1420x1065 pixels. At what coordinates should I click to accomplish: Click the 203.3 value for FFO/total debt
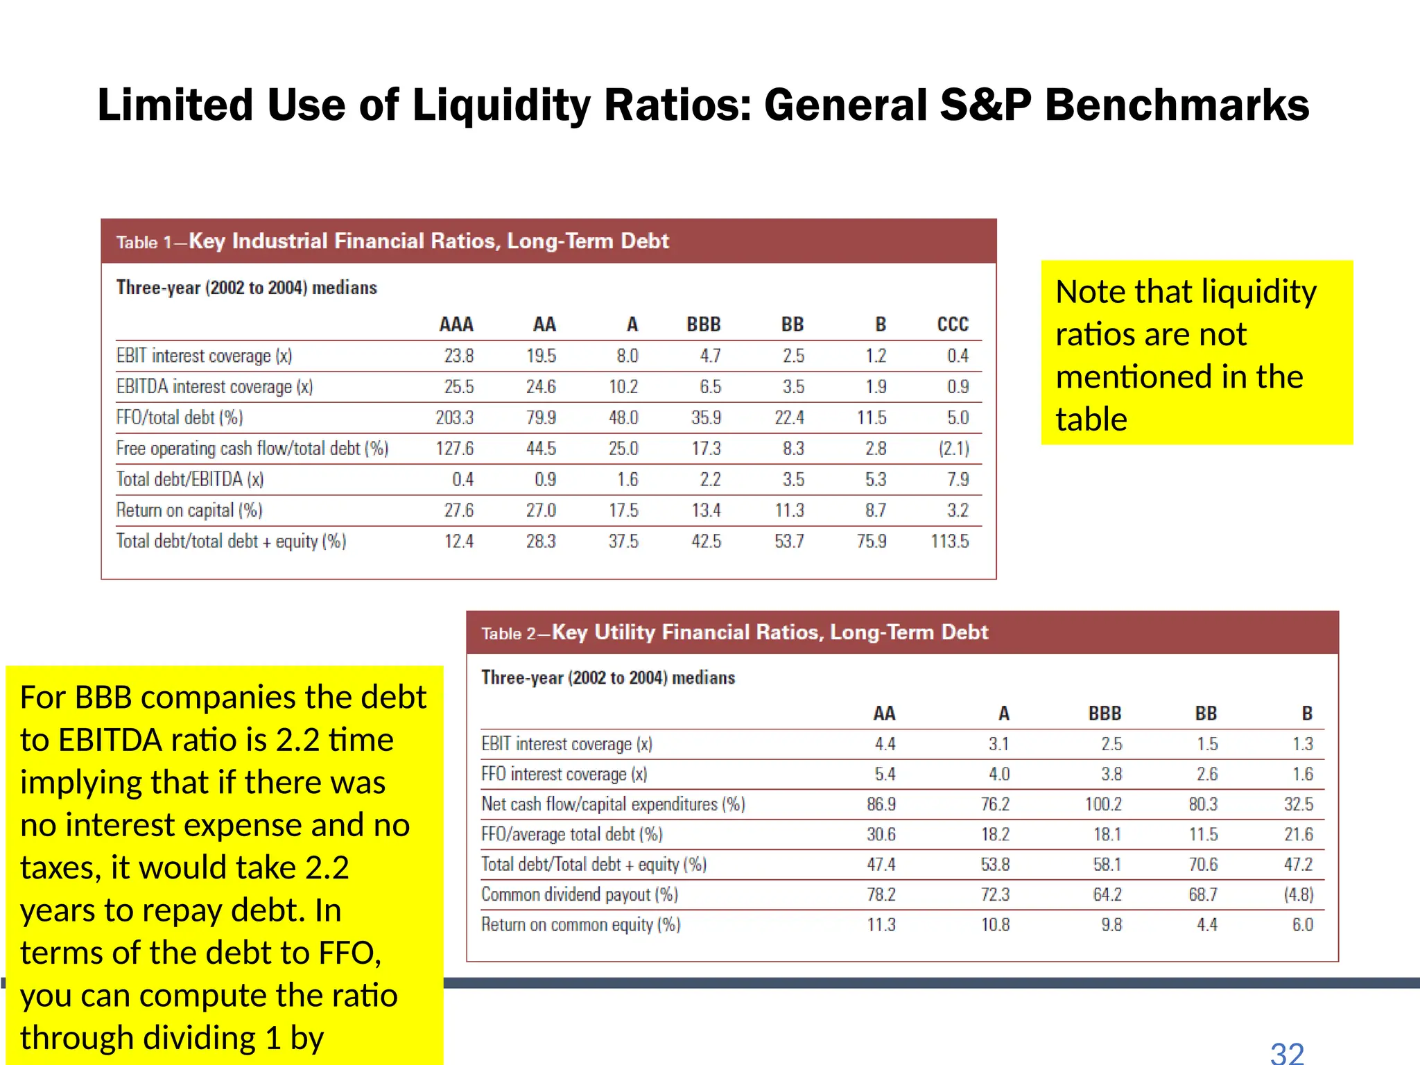click(x=454, y=417)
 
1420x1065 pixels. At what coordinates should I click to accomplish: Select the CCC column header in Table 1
click(x=953, y=324)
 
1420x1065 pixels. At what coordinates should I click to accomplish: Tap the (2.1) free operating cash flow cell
click(x=954, y=449)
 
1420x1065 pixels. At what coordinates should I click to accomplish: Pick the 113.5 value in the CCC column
click(x=950, y=541)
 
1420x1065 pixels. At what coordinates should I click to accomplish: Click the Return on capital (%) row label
click(x=189, y=510)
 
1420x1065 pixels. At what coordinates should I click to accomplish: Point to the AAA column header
click(x=456, y=324)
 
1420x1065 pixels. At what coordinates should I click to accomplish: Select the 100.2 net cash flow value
click(x=1103, y=804)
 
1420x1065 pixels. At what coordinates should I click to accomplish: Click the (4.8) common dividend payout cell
click(x=1299, y=894)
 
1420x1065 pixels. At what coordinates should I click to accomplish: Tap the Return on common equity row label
click(x=581, y=925)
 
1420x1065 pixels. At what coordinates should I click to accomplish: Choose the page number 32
click(x=1287, y=1053)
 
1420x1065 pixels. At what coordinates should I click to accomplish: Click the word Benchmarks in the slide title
click(x=1177, y=105)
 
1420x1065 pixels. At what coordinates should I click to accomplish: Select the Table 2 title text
click(x=735, y=632)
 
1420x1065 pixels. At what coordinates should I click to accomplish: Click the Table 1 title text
click(x=392, y=241)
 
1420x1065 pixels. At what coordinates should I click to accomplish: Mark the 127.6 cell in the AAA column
click(x=454, y=449)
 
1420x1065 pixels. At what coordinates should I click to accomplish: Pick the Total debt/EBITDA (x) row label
click(x=190, y=479)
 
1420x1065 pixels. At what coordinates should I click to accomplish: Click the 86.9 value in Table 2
click(x=881, y=804)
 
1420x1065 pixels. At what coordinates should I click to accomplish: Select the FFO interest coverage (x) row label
click(x=564, y=774)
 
